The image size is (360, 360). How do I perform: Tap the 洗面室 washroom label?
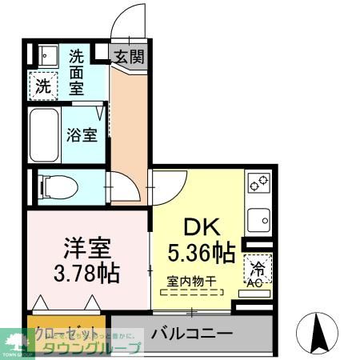pyautogui.click(x=77, y=71)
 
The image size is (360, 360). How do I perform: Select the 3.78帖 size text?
pyautogui.click(x=87, y=273)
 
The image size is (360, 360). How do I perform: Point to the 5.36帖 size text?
pyautogui.click(x=202, y=254)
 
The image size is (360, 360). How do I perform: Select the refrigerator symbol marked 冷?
pyautogui.click(x=258, y=266)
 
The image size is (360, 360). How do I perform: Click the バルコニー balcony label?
pyautogui.click(x=191, y=331)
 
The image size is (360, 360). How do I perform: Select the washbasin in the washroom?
pyautogui.click(x=43, y=55)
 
